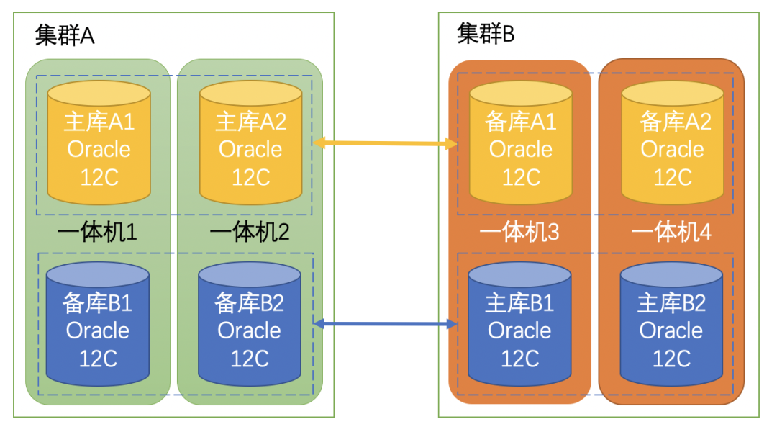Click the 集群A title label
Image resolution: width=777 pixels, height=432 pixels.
click(x=65, y=35)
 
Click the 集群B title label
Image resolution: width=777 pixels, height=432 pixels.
click(x=486, y=33)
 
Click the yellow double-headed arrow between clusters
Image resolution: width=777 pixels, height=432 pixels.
click(x=386, y=144)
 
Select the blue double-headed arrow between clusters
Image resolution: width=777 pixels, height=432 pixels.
click(x=386, y=325)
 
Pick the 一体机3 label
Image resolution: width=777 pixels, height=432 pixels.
click(x=519, y=233)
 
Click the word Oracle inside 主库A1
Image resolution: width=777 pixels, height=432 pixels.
click(x=99, y=149)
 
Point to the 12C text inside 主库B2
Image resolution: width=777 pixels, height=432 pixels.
click(x=671, y=358)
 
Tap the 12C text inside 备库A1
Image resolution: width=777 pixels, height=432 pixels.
click(x=521, y=176)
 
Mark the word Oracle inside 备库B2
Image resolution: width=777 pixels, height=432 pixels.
click(x=249, y=330)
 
